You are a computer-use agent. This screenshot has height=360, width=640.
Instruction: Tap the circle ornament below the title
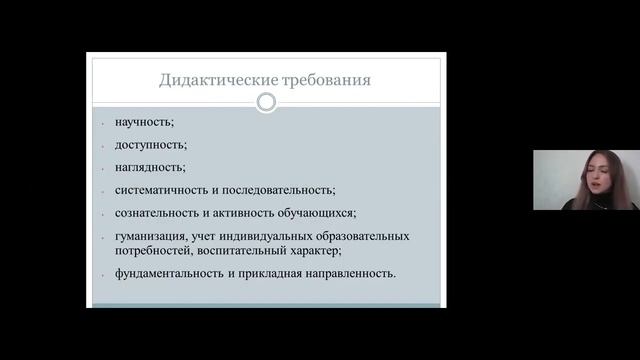click(266, 102)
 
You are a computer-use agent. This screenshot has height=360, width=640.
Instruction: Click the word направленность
click(351, 273)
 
